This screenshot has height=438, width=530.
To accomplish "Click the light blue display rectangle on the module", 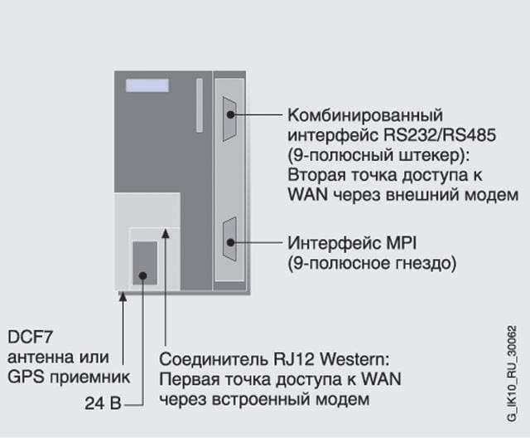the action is (x=147, y=85).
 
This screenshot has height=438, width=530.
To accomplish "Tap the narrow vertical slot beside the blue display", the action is (x=200, y=105).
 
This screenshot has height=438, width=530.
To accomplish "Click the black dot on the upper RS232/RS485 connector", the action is (x=230, y=114).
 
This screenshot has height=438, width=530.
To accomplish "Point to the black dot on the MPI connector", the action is (x=230, y=242).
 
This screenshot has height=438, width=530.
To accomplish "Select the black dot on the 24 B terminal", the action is (x=143, y=276).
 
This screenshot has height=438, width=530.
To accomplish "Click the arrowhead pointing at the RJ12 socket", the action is (x=166, y=234).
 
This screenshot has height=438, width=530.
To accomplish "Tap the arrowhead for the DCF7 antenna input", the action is (x=123, y=296).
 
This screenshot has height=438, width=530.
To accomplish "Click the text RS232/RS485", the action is (x=440, y=135).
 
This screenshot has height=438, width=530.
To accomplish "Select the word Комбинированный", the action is (x=365, y=115).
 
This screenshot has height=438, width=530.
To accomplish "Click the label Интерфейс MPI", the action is (x=352, y=243).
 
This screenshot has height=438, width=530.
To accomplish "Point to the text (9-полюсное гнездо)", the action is (x=372, y=263).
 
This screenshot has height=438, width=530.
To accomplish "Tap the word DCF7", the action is (x=30, y=337).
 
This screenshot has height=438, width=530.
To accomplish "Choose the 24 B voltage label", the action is (x=103, y=403).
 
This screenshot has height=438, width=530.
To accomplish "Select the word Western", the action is (x=354, y=359).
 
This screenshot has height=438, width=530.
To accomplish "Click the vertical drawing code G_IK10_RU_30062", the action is (x=512, y=373).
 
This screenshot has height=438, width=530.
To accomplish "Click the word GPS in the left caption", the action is (x=26, y=377).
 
